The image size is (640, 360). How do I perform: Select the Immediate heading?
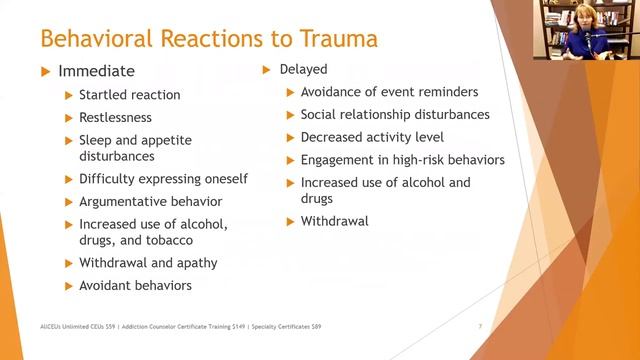click(x=96, y=71)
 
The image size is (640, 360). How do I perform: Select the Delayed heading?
click(x=310, y=70)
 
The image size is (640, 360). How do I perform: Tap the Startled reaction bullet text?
click(x=130, y=95)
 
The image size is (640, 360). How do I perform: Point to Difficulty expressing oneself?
click(x=164, y=179)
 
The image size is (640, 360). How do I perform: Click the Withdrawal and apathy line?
click(x=148, y=263)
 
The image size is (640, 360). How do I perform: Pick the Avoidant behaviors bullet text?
click(x=136, y=285)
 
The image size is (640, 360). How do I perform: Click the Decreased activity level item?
click(x=372, y=137)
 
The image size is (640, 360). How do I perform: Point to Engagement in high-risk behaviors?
click(x=402, y=159)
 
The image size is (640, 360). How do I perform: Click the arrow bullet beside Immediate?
click(x=43, y=71)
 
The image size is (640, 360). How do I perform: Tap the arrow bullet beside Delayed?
click(x=267, y=70)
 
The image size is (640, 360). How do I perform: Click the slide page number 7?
click(x=481, y=327)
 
